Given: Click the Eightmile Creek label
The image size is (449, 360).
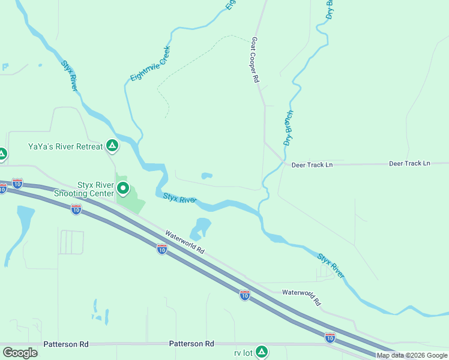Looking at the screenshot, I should point(151,64).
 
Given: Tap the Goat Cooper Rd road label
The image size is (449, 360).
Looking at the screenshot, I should point(255,60).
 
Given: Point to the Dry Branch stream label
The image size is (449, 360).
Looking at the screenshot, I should point(288,128).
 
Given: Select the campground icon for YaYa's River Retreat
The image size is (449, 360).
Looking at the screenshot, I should point(112,145).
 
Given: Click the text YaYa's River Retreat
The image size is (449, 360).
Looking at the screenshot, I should point(65,146).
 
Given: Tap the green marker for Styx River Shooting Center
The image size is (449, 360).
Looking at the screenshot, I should point(123,189).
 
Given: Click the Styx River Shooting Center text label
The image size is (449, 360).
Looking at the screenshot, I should point(87,189).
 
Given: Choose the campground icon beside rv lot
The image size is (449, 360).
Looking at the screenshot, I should point(261,352).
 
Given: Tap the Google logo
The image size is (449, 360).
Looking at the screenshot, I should point(20,353).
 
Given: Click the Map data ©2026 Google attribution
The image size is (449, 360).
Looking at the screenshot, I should point(412,355).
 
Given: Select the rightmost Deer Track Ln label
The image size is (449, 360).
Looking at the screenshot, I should point(410,163).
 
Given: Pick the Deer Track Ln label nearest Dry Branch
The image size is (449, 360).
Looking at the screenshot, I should point(312,164).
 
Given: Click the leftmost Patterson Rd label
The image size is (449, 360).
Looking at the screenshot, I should point(66,344).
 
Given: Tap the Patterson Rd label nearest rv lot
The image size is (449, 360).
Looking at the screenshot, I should point(191,344).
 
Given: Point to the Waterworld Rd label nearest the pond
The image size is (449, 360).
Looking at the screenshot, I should point(185,242).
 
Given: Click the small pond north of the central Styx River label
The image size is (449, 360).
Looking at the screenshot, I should point(206,176).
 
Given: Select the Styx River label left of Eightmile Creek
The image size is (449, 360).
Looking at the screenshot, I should point(70,75).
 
